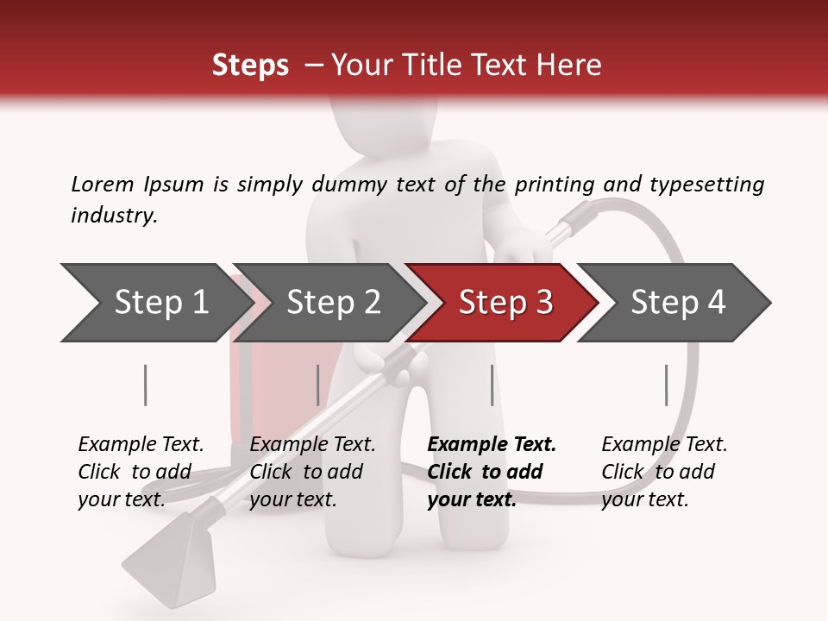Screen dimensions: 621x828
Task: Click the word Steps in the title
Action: (x=250, y=66)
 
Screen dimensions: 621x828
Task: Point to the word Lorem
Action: (x=103, y=184)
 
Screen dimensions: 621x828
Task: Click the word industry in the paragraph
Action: (x=114, y=216)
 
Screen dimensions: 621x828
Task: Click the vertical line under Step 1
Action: (x=146, y=385)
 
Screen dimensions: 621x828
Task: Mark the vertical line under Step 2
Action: (x=318, y=385)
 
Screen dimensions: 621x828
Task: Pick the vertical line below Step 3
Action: (x=492, y=385)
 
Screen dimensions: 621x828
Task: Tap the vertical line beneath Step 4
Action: (x=666, y=385)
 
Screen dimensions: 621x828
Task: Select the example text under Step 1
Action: (x=141, y=472)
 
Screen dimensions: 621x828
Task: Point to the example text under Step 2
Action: (x=312, y=472)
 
